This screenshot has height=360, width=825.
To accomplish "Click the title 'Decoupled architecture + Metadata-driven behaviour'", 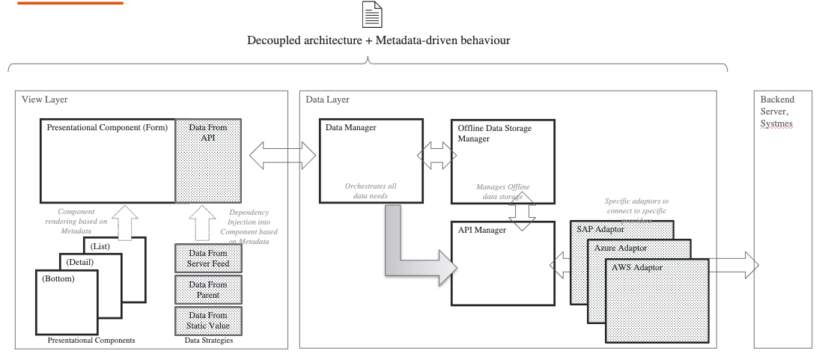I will click(379, 40).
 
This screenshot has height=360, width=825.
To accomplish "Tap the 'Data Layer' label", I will click(327, 100).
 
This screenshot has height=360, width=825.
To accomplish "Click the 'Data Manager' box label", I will click(352, 128).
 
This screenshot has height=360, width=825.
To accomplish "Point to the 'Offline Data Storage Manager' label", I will click(494, 133).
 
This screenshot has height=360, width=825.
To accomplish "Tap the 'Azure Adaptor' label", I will click(621, 247).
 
